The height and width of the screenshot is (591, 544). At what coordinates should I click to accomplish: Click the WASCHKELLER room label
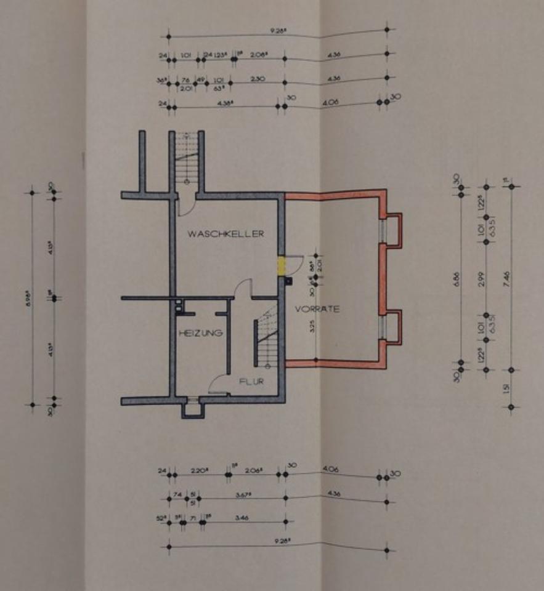click(226, 234)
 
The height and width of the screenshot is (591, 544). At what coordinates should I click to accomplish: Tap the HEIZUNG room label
click(200, 333)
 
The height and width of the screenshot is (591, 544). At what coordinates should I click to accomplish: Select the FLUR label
click(251, 382)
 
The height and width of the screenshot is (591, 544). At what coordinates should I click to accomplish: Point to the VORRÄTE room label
click(317, 309)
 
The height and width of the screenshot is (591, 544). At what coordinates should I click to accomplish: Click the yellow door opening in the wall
click(282, 266)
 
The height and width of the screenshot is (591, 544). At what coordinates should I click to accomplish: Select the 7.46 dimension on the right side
click(506, 277)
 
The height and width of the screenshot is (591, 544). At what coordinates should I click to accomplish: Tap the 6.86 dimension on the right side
click(457, 277)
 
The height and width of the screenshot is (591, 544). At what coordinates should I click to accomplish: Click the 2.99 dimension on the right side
click(481, 278)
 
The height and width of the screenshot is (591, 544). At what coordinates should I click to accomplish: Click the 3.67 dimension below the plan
click(241, 494)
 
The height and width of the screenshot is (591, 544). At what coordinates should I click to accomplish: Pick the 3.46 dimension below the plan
click(242, 518)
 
